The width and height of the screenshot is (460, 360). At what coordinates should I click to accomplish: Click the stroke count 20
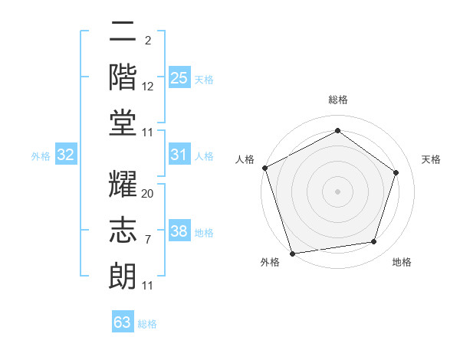[148, 194]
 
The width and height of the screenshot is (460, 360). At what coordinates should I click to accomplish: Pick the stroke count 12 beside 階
[148, 87]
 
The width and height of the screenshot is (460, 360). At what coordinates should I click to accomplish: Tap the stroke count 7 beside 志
[147, 240]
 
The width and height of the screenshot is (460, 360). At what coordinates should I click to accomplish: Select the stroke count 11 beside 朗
[148, 286]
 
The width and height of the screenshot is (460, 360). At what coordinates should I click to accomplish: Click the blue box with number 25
[179, 78]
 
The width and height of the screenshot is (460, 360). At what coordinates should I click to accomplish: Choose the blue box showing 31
[179, 155]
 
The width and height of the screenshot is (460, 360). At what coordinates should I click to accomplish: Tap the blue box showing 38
[179, 232]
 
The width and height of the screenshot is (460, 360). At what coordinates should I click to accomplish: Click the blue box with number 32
[65, 155]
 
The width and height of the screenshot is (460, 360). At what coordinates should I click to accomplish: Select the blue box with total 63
[123, 322]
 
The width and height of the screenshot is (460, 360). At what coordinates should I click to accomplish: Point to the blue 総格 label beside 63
[147, 324]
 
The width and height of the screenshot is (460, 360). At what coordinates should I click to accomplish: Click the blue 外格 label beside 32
[41, 156]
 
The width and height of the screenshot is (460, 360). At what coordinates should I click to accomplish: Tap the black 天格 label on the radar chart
[432, 159]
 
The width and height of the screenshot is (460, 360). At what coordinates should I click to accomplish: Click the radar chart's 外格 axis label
[270, 262]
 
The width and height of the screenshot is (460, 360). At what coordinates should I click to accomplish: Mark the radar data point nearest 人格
[264, 168]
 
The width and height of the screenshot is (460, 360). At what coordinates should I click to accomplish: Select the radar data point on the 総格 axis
[337, 131]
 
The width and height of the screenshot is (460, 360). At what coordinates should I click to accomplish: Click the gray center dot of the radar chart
[337, 191]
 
